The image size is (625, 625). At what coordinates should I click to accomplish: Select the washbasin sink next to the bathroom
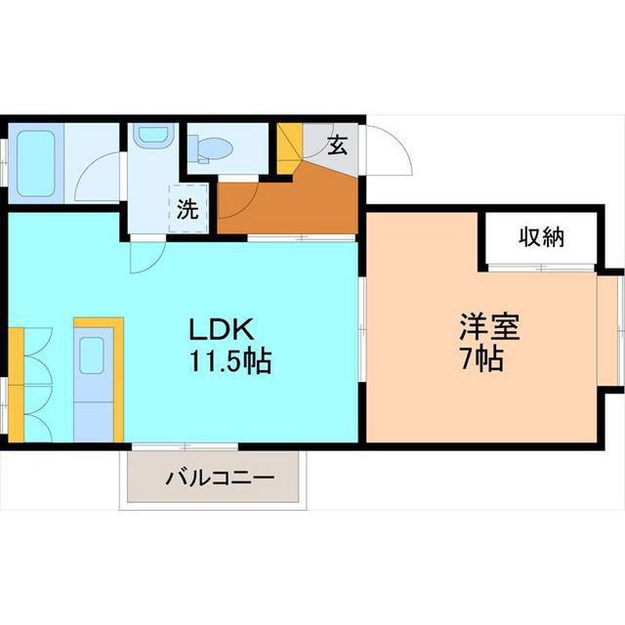coord(151,137)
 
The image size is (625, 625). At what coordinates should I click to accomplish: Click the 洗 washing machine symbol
coord(188,208)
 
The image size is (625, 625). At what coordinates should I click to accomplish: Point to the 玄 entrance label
coord(337,146)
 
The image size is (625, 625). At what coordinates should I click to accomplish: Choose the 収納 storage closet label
coord(541,237)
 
